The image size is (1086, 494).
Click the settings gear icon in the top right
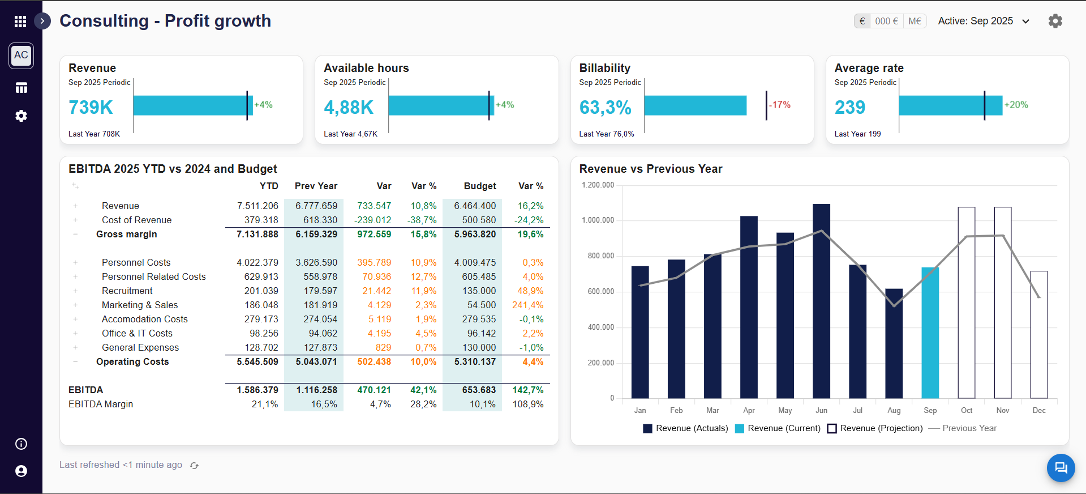pos(1055,21)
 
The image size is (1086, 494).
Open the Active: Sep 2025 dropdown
pos(984,21)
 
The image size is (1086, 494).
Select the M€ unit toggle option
pos(915,21)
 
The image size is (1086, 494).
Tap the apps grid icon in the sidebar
pos(20,22)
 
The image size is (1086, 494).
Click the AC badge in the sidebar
pos(21,56)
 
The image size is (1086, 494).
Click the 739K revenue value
pos(91,107)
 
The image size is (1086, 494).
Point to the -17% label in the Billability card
pos(779,105)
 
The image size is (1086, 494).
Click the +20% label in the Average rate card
pos(1016,105)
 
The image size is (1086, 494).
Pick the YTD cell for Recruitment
pos(261,291)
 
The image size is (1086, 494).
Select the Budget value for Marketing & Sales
pos(481,305)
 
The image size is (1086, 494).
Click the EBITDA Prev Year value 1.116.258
pos(316,390)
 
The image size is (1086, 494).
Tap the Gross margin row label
pos(126,234)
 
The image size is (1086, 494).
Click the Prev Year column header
pos(316,186)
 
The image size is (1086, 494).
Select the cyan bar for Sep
pos(930,333)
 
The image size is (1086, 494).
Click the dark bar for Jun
pos(821,301)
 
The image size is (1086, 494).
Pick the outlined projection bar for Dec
pos(1038,334)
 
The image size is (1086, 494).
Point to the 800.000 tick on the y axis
pos(600,256)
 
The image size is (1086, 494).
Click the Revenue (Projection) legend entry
pos(875,428)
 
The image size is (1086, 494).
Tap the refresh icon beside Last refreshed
pos(194,466)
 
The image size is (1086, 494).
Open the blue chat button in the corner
pos(1061,468)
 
